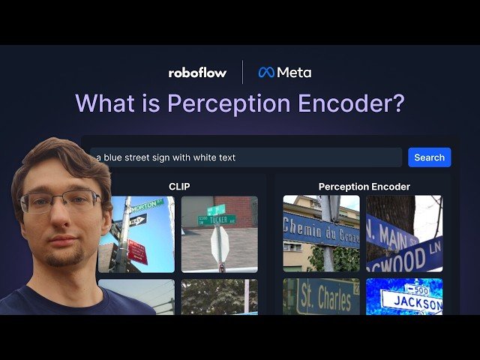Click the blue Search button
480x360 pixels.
point(429,157)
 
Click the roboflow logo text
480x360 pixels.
point(197,73)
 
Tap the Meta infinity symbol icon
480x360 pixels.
point(266,73)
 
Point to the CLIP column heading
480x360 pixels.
point(179,186)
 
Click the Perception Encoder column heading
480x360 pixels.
point(364,186)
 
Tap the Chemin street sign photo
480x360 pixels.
point(321,233)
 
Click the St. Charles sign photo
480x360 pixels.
point(321,297)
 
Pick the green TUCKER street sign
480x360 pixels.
point(217,219)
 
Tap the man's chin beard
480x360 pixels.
point(63,258)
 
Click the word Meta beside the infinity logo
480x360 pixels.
point(294,73)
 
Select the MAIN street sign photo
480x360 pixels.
point(403,233)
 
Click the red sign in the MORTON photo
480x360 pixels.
point(137,251)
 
